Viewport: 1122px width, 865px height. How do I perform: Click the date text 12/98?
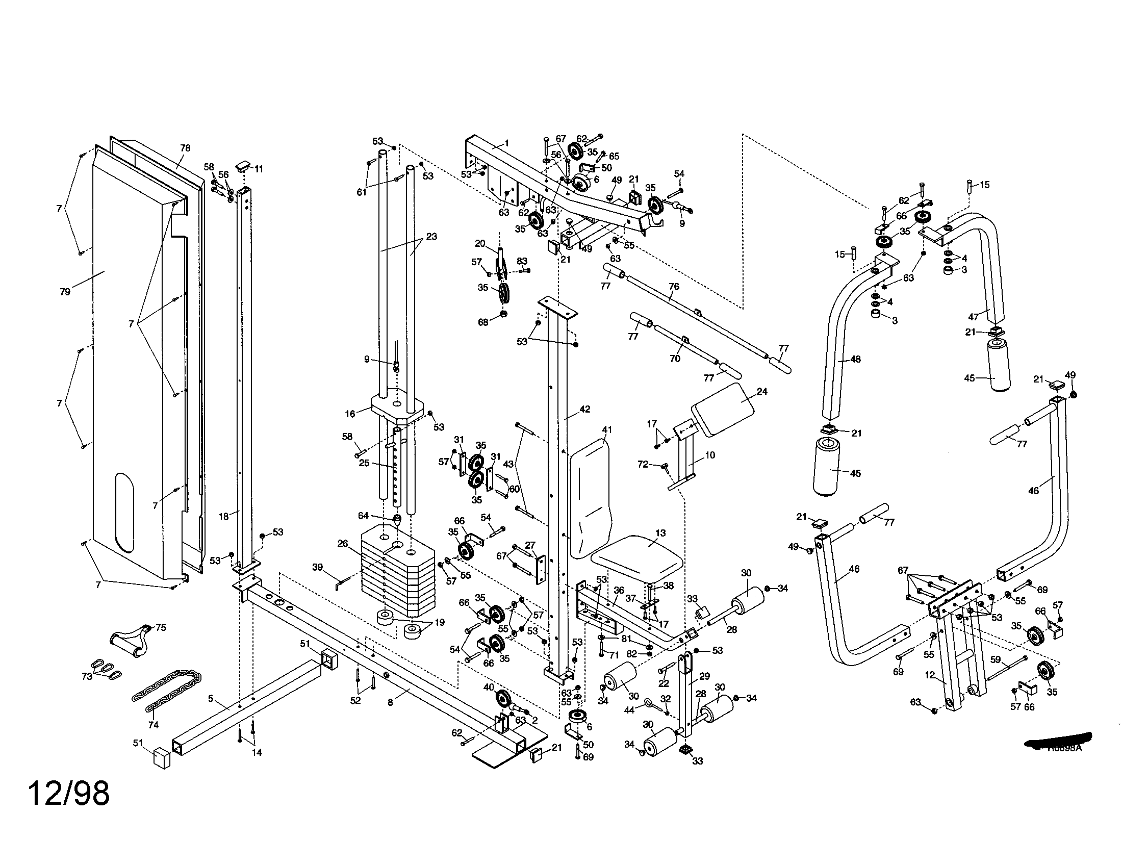[x=68, y=794]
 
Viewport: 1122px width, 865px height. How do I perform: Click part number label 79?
[x=65, y=292]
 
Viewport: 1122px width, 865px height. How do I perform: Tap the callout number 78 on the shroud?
[x=185, y=148]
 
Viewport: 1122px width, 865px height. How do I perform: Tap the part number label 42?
[x=584, y=410]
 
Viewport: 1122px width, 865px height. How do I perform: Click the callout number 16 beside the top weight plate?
[x=350, y=414]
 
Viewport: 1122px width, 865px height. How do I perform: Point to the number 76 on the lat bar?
[x=674, y=287]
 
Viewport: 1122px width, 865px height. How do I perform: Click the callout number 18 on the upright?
[x=223, y=517]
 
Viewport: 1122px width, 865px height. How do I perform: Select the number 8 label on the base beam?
[x=391, y=702]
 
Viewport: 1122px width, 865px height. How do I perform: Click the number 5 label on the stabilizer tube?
[x=211, y=698]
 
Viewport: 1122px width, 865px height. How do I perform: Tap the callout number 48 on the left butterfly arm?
[x=855, y=360]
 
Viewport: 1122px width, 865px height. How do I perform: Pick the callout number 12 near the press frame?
[x=930, y=675]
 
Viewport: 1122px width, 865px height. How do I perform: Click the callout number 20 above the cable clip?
[x=480, y=243]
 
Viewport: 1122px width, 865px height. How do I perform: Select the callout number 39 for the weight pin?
[x=318, y=567]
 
